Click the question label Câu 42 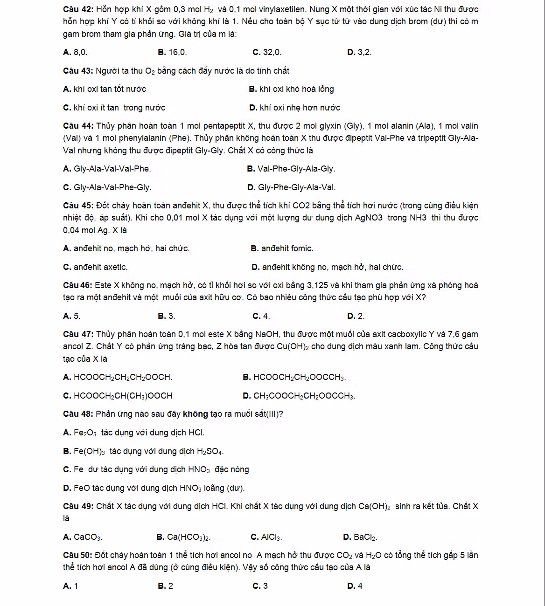pyautogui.click(x=77, y=10)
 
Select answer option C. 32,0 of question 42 pyautogui.click(x=267, y=52)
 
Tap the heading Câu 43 pyautogui.click(x=77, y=71)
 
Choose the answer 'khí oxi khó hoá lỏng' pyautogui.click(x=292, y=89)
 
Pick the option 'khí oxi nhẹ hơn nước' pyautogui.click(x=295, y=108)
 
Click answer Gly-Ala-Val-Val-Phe pyautogui.click(x=107, y=169)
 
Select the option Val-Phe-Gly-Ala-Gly pyautogui.click(x=291, y=169)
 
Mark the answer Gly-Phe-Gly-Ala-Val pyautogui.click(x=292, y=187)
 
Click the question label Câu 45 pyautogui.click(x=77, y=206)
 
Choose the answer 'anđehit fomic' pyautogui.click(x=282, y=248)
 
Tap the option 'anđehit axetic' pyautogui.click(x=95, y=267)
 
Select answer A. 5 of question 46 pyautogui.click(x=72, y=316)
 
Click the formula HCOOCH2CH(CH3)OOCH pyautogui.click(x=118, y=396)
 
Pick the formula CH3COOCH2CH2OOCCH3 pyautogui.click(x=299, y=396)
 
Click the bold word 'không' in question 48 pyautogui.click(x=196, y=414)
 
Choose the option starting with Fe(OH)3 pyautogui.click(x=143, y=451)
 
